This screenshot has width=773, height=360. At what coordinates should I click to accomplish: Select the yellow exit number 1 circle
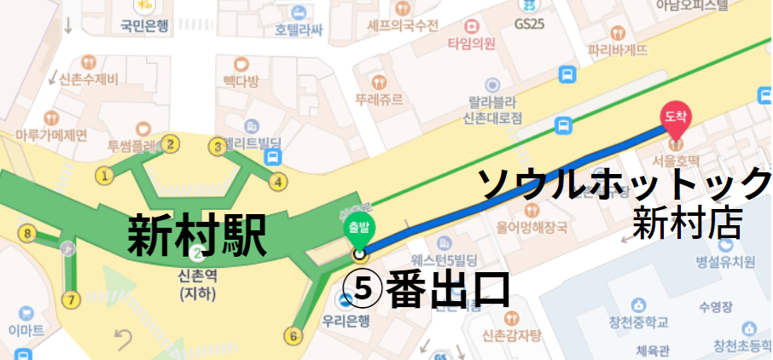click(106, 177)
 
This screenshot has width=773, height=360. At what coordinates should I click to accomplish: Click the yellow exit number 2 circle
click(171, 144)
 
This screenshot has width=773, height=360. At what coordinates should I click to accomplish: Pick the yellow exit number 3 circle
click(218, 148)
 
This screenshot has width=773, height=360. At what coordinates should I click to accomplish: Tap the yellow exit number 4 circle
click(278, 181)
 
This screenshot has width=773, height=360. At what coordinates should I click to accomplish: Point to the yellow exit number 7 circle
click(71, 299)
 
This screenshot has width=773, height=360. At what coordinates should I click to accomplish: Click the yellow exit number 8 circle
click(29, 233)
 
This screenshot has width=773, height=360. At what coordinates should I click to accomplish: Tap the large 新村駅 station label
click(196, 235)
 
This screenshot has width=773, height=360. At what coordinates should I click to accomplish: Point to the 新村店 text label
click(686, 224)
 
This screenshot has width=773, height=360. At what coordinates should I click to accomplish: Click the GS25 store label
click(529, 24)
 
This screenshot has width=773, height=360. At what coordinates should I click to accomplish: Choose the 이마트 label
click(26, 330)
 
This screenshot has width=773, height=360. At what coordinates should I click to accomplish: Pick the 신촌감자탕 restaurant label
click(512, 334)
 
